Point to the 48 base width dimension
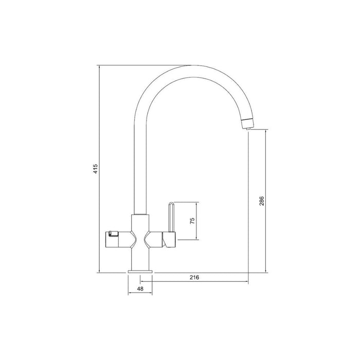(140, 290)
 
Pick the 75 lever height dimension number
(192, 221)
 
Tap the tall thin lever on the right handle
(171, 216)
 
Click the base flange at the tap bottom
(140, 269)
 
